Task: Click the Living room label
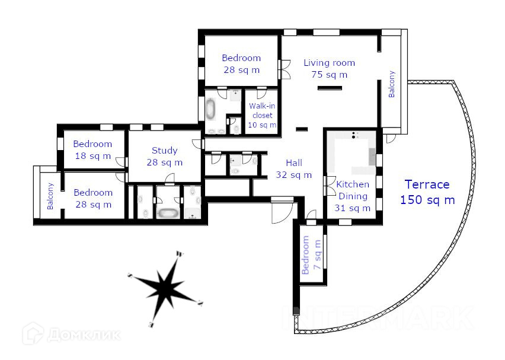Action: pyautogui.click(x=329, y=62)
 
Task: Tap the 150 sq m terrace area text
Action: pyautogui.click(x=427, y=200)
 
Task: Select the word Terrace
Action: pyautogui.click(x=427, y=184)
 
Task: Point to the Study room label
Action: pyautogui.click(x=164, y=150)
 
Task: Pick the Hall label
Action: pyautogui.click(x=294, y=163)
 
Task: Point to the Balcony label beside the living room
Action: pyautogui.click(x=391, y=84)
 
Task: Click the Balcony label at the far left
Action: pyautogui.click(x=50, y=196)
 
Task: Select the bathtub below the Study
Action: pyautogui.click(x=168, y=212)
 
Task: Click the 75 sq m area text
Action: pyautogui.click(x=329, y=75)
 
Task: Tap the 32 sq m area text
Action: pyautogui.click(x=294, y=175)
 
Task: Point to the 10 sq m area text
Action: pyautogui.click(x=262, y=125)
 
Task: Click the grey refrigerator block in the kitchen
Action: pyautogui.click(x=372, y=157)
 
